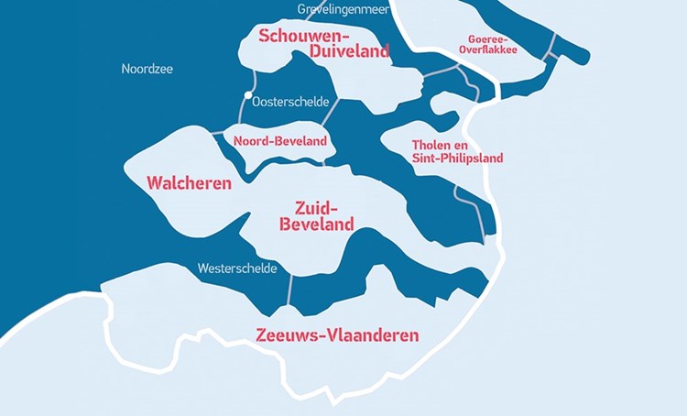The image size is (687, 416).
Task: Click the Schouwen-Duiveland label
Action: (x=324, y=43)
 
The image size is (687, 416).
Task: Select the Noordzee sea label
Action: (x=147, y=69)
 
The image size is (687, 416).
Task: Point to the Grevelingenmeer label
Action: (x=343, y=9)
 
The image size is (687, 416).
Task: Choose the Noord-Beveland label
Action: (x=279, y=142)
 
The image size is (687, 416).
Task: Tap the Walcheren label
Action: (x=189, y=183)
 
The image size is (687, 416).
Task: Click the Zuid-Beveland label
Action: (x=317, y=214)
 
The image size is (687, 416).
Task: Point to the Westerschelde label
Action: (x=235, y=268)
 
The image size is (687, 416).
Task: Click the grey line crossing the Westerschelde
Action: (x=289, y=289)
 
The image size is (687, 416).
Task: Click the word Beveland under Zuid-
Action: (x=317, y=224)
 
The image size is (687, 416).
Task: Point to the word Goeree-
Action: (x=488, y=38)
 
